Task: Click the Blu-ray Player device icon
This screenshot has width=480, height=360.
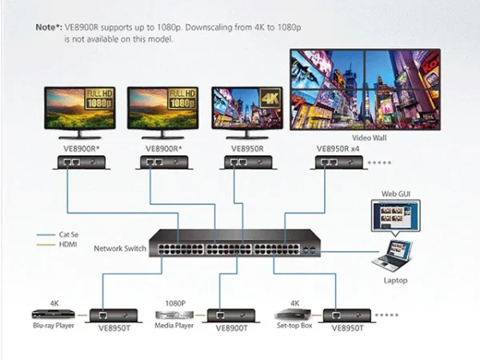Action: point(54,314)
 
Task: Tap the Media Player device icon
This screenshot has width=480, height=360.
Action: point(174,315)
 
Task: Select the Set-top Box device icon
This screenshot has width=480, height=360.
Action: point(293,314)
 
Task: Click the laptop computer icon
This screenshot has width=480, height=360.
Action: point(393,257)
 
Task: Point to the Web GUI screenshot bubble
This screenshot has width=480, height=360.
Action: point(396,217)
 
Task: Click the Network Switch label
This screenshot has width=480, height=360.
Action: point(120,248)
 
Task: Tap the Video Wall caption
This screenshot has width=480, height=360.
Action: point(369,138)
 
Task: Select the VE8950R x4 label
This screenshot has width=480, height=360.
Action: point(338,149)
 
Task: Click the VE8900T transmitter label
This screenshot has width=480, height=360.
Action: point(231,328)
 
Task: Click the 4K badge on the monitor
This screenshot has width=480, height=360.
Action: point(270,98)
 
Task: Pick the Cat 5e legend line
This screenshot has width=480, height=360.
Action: point(46,234)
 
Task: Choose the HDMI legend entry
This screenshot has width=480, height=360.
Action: point(57,244)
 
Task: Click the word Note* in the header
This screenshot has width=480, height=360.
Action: point(49,27)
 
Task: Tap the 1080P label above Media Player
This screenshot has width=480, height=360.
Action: point(175,303)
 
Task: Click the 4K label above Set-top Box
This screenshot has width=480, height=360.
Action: point(294,303)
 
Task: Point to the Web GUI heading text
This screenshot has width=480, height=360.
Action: point(396,194)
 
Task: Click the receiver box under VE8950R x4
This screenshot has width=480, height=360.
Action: point(339,162)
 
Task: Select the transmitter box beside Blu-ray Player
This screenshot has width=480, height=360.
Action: point(114,316)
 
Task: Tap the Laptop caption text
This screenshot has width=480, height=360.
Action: point(395,281)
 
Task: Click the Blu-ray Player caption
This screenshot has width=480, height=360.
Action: point(54,326)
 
